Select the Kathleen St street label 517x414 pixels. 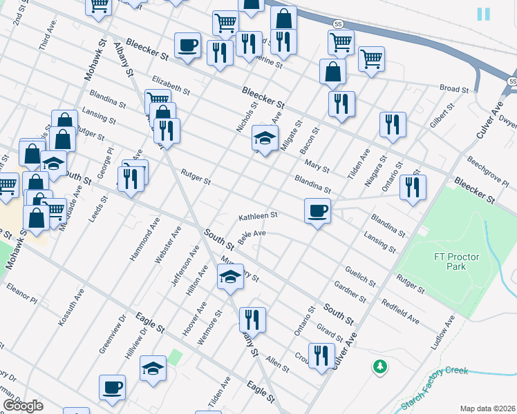(x=258, y=216)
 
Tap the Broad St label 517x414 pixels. (x=454, y=89)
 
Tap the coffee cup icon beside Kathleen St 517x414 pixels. (x=317, y=210)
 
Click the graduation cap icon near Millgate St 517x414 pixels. (x=264, y=138)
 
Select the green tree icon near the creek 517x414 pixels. (x=379, y=366)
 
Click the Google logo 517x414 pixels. (x=23, y=406)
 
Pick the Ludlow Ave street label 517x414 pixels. (x=442, y=333)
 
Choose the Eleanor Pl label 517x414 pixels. (x=21, y=293)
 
